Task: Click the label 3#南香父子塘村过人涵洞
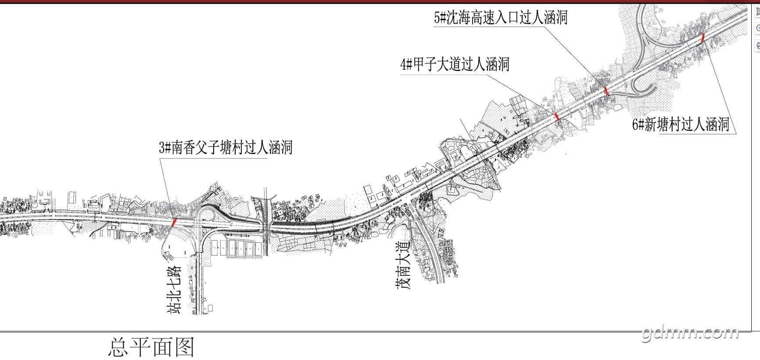226,148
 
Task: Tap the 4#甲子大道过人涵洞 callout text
455,65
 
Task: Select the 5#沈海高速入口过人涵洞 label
501,18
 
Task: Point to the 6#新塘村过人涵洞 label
681,125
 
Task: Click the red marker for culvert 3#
174,222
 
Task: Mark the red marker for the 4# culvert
557,116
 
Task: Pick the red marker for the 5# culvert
606,91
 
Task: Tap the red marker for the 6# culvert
703,37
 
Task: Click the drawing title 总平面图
151,347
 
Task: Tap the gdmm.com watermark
690,334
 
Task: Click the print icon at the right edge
757,45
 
